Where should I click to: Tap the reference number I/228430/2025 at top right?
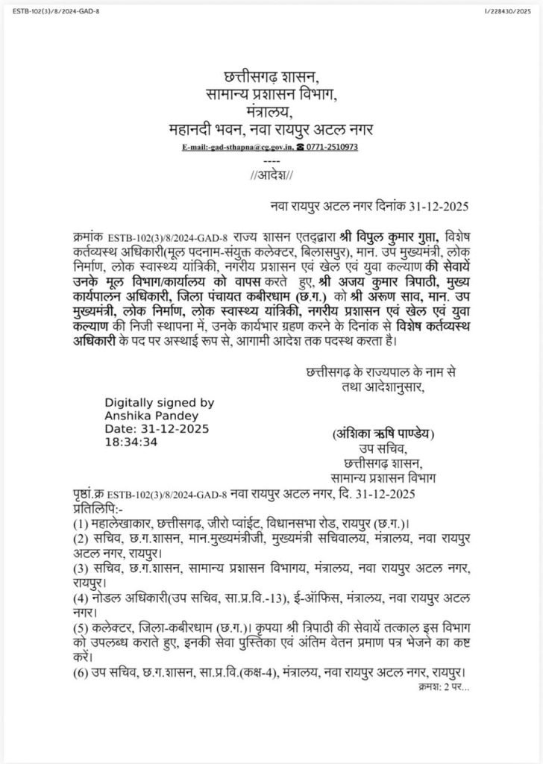pos(509,8)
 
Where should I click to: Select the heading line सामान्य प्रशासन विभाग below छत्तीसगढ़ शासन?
pos(271,95)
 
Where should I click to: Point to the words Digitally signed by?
pos(159,402)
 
